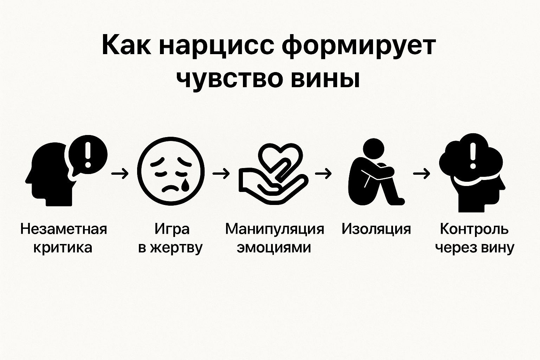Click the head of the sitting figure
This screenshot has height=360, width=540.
[374, 148]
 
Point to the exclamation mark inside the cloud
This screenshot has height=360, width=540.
[473, 155]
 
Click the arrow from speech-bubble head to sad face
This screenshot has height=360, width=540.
[120, 173]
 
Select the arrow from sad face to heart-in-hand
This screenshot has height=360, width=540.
[221, 173]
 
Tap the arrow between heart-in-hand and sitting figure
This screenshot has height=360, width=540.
[323, 173]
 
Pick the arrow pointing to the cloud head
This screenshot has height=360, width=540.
[422, 173]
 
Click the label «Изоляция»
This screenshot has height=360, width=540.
[376, 229]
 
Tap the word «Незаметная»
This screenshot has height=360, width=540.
[64, 229]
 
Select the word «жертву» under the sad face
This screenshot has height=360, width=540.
[176, 248]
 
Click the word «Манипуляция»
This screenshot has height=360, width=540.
[275, 229]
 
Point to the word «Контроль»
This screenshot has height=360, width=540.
[474, 229]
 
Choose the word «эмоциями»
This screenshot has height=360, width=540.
[274, 248]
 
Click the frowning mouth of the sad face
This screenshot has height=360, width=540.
[172, 188]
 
